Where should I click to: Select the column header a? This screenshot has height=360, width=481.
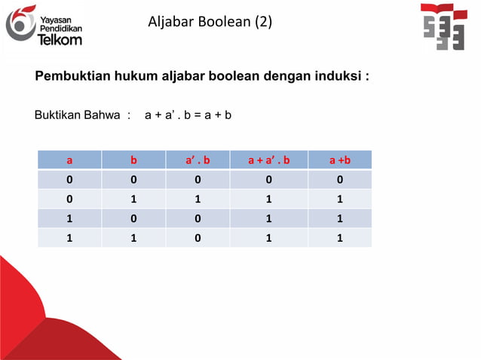point(69,160)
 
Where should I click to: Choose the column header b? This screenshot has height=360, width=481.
point(133,160)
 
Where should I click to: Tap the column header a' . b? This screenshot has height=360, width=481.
point(198,160)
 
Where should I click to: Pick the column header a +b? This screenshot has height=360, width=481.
point(340,160)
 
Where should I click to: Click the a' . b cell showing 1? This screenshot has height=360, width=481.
point(198,200)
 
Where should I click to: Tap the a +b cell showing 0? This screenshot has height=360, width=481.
point(340,180)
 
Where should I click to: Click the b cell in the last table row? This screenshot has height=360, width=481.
point(133,238)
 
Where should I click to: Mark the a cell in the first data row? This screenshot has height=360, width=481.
point(69,180)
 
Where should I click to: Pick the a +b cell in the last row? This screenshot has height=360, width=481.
point(340,238)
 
